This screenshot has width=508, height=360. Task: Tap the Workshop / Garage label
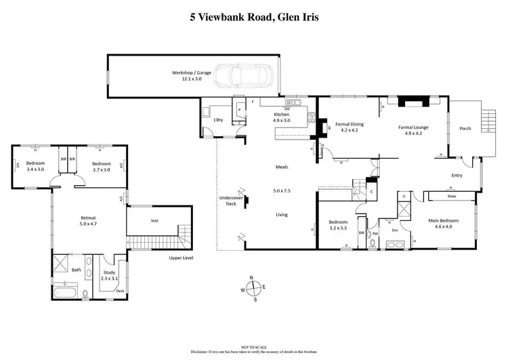click(x=191, y=75)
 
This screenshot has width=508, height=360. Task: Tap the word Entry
click(x=457, y=176)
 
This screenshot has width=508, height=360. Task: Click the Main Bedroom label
click(x=444, y=224)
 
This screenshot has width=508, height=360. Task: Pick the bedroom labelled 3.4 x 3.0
click(x=35, y=167)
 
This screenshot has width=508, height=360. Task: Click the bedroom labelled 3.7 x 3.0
click(x=101, y=167)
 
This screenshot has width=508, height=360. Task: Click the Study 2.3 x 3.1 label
click(x=110, y=275)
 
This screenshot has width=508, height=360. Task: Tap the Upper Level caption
click(x=182, y=258)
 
